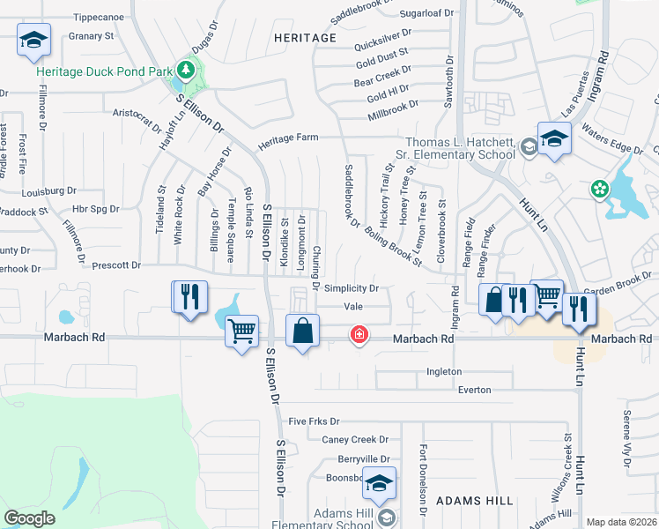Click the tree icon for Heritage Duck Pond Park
tap(186, 69)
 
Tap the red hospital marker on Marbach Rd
tap(359, 335)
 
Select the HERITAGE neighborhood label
tap(305, 38)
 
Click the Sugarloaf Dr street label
tap(426, 13)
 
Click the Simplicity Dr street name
tap(351, 288)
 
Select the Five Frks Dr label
tap(313, 422)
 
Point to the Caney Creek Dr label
tap(355, 439)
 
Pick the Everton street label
tap(473, 389)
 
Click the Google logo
tap(29, 518)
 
